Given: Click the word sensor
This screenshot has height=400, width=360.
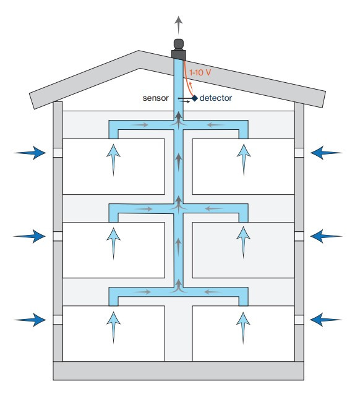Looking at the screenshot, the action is point(155,98).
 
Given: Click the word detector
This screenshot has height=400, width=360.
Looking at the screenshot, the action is point(216,98).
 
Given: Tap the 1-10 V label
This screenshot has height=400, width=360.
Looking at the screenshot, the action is point(200,72).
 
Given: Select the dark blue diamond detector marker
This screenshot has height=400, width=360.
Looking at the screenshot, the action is point(195,98).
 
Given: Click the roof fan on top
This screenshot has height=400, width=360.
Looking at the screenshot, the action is point(179,49).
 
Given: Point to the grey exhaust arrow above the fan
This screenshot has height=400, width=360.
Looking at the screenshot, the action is point(179,25).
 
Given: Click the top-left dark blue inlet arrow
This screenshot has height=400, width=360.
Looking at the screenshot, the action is point(30,153).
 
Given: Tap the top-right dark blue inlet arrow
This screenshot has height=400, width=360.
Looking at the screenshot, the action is point(327,153).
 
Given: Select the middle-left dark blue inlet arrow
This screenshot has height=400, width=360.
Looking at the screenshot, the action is point(30,236).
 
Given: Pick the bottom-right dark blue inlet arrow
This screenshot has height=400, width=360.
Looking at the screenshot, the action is point(326,320).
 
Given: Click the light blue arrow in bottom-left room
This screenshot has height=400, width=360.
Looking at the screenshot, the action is point(113,328).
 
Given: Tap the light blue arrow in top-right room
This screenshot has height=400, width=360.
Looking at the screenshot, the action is point(244,160).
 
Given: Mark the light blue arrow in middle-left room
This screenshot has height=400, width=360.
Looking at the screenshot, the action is point(113,244).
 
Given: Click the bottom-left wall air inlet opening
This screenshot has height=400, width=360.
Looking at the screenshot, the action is point(58,320).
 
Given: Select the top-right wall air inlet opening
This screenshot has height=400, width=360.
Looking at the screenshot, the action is point(299,153).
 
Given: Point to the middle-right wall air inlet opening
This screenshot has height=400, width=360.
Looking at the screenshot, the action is point(299,236).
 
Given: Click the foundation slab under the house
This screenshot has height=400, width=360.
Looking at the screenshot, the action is point(179,371).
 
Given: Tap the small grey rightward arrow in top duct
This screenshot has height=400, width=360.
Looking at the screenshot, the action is point(139,125).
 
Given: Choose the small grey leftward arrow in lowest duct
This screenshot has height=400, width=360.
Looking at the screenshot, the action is point(213,292).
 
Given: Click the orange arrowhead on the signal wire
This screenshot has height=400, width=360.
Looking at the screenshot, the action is point(191,84).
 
